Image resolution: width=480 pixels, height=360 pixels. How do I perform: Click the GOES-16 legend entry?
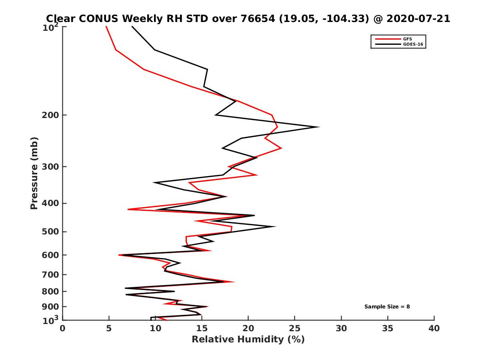click(412, 44)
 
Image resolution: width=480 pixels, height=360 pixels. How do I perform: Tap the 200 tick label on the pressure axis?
click(49, 115)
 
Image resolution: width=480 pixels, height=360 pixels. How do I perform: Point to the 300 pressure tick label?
click(49, 166)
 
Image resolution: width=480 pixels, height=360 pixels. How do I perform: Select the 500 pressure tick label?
click(49, 232)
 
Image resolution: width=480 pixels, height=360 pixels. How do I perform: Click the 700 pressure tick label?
click(49, 274)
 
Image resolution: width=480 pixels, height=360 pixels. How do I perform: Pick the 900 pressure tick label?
click(49, 307)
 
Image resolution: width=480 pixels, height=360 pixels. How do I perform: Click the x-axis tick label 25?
click(295, 328)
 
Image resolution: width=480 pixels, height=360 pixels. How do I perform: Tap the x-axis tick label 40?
click(434, 328)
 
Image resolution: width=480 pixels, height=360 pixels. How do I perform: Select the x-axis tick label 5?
click(109, 328)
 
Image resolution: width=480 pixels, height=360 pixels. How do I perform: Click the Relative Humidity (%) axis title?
click(248, 340)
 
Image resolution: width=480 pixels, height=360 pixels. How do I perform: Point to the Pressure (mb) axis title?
click(34, 173)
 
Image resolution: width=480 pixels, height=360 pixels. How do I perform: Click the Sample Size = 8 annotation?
click(387, 307)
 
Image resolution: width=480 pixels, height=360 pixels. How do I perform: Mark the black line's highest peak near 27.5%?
click(319, 127)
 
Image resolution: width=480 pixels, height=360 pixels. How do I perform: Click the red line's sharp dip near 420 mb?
click(128, 209)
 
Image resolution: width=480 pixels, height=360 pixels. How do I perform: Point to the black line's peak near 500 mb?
click(275, 227)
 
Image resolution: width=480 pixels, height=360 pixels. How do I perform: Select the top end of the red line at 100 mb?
click(106, 26)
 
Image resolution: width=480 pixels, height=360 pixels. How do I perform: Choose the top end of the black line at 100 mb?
click(132, 26)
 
